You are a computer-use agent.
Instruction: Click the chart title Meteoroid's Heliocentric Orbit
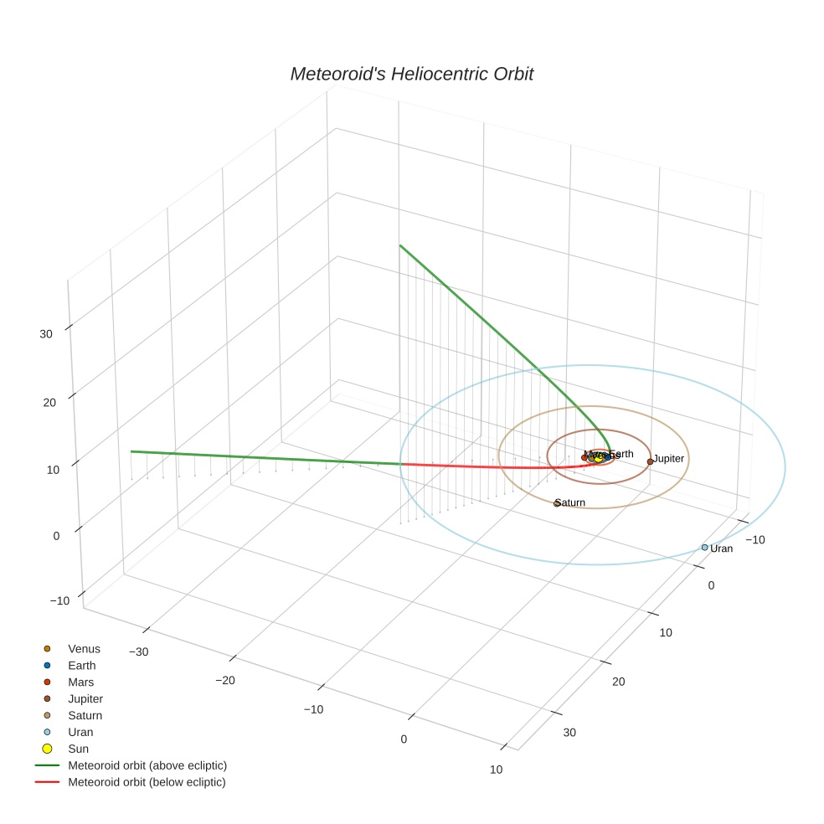pyautogui.click(x=411, y=75)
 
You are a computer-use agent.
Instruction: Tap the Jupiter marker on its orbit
pyautogui.click(x=650, y=461)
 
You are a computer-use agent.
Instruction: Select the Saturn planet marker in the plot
pyautogui.click(x=557, y=503)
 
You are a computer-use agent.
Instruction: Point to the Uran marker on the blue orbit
pyautogui.click(x=704, y=548)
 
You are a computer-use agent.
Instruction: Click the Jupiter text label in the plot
pyautogui.click(x=669, y=459)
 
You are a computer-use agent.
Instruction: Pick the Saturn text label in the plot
pyautogui.click(x=570, y=502)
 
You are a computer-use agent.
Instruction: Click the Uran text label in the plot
pyautogui.click(x=722, y=548)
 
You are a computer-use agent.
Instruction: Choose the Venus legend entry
pyautogui.click(x=84, y=649)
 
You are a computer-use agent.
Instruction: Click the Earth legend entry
pyautogui.click(x=82, y=666)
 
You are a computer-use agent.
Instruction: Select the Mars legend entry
pyautogui.click(x=81, y=682)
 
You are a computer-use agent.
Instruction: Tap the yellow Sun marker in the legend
pyautogui.click(x=48, y=749)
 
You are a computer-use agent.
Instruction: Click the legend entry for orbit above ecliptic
pyautogui.click(x=147, y=765)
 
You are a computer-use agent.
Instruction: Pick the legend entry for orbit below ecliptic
pyautogui.click(x=147, y=782)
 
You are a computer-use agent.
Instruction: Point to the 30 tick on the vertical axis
pyautogui.click(x=46, y=333)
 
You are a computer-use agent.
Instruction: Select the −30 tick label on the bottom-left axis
pyautogui.click(x=138, y=652)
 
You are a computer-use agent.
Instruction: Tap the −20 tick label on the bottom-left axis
pyautogui.click(x=225, y=681)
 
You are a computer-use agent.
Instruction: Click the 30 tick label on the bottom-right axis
pyautogui.click(x=569, y=733)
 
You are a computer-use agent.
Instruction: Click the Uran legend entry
pyautogui.click(x=80, y=732)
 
